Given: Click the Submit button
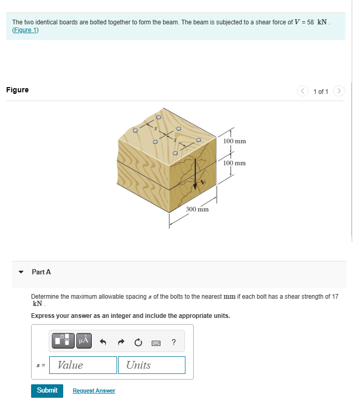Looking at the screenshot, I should (x=47, y=390).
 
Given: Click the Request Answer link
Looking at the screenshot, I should (x=94, y=391).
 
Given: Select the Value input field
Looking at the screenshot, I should (x=83, y=365).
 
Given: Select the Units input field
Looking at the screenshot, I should (x=151, y=365).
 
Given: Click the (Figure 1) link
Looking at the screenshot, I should (x=25, y=30).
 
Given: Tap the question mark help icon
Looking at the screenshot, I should (x=174, y=342).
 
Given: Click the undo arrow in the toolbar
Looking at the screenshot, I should (x=103, y=342).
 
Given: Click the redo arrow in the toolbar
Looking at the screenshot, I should (x=120, y=342).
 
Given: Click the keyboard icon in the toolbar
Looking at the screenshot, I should (x=155, y=342).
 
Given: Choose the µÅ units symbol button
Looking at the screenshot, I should (x=84, y=341).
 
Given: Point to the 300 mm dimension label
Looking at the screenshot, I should (x=197, y=210).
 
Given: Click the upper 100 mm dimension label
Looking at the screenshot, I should (x=234, y=141).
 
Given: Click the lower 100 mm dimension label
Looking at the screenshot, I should (x=234, y=163).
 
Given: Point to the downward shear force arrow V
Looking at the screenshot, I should (x=195, y=174).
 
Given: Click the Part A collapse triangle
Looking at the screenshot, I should (x=21, y=272).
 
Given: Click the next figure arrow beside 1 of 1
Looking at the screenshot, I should (x=339, y=91).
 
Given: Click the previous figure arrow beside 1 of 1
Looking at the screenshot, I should (x=303, y=91).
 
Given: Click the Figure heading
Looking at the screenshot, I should (x=18, y=90).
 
